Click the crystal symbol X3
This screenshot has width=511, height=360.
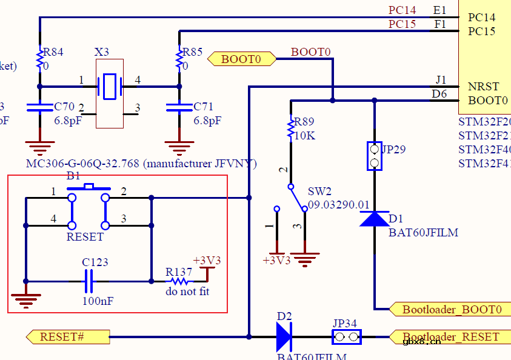pos(110,86)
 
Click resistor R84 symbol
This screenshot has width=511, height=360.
pos(40,59)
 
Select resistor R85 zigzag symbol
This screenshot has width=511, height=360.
pos(179,59)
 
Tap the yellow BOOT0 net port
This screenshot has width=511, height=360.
pos(241,59)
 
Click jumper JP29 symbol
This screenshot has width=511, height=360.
pos(374,156)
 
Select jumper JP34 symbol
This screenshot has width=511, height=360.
pos(346,336)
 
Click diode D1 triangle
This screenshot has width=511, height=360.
pos(374,218)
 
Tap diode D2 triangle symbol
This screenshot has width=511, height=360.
pos(284,336)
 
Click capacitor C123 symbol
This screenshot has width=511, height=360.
pos(89,281)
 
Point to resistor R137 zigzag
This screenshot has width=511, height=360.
pos(178,281)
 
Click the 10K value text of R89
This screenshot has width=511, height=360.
pos(304,136)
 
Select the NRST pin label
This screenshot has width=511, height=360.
pos(483,87)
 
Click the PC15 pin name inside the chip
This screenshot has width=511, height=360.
pos(481,31)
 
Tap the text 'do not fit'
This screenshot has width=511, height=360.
pos(187,292)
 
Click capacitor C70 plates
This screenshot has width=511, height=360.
pos(40,108)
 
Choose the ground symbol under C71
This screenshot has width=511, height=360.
pos(179,145)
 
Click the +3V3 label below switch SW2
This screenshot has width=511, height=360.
pos(276,260)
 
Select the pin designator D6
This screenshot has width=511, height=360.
pos(439,94)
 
